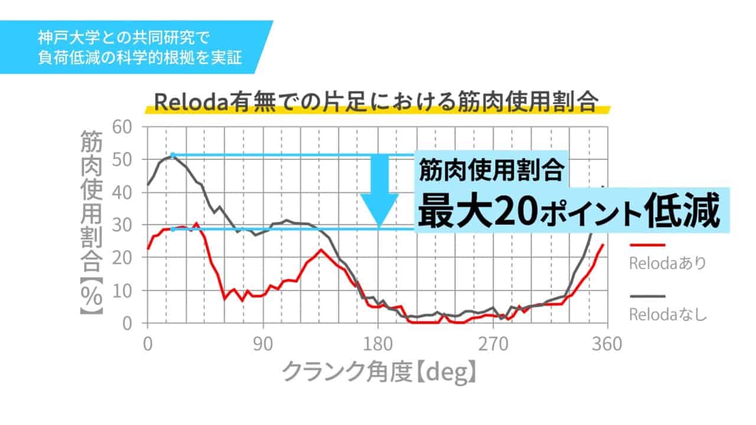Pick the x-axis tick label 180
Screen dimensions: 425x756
pyautogui.click(x=378, y=344)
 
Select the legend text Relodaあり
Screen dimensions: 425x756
pyautogui.click(x=668, y=263)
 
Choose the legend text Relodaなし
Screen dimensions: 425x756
pyautogui.click(x=668, y=315)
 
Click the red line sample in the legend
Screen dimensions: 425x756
pyautogui.click(x=647, y=244)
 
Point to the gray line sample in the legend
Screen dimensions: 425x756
pyautogui.click(x=647, y=296)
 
